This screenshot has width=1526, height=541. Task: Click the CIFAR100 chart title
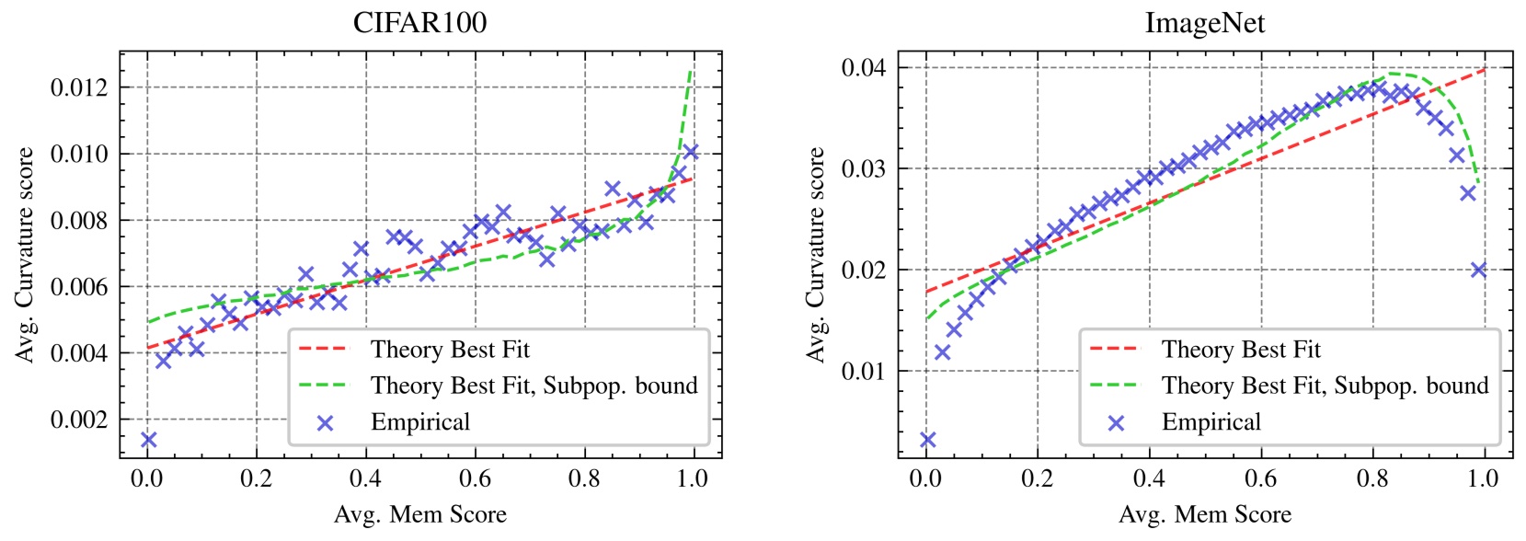point(419,22)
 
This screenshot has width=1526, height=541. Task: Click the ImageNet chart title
point(1204,22)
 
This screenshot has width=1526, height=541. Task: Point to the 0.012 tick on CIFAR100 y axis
point(78,87)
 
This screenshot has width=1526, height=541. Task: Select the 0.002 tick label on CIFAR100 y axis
point(78,420)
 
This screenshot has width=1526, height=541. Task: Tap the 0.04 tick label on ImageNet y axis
point(863,67)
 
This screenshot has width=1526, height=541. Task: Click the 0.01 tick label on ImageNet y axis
point(863,371)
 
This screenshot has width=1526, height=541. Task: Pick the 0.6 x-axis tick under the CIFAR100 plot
point(475,478)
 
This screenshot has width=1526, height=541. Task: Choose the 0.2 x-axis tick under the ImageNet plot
point(1037,478)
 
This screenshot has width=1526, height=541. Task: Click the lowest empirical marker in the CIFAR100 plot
point(148,440)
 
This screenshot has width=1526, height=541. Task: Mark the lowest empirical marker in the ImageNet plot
point(927,440)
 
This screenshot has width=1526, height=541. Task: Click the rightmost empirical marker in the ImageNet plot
point(1478,270)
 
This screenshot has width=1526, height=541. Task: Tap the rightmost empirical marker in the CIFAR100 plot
point(692,152)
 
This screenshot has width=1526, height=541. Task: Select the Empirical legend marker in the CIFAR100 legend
point(324,422)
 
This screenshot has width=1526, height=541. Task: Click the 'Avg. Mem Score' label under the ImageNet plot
point(1204,514)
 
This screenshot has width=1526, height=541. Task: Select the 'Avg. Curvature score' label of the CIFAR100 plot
point(25,255)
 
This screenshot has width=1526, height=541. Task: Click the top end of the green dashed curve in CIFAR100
point(691,70)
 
